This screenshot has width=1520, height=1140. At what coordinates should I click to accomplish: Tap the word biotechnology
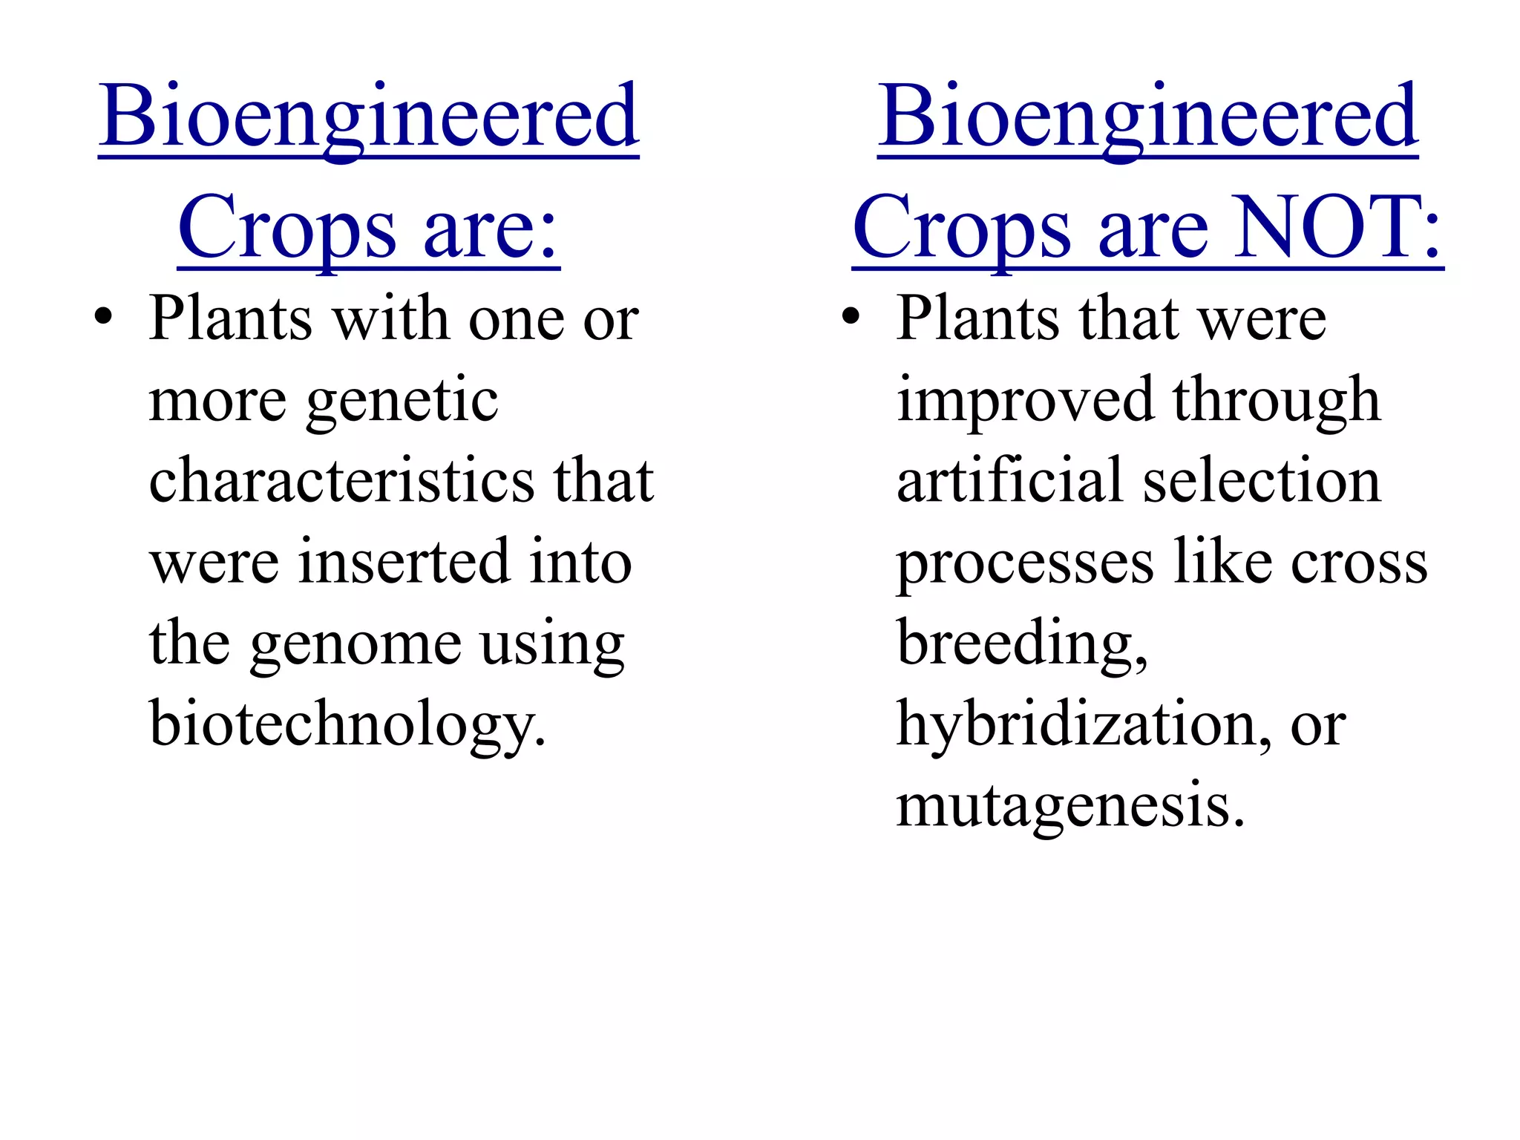pos(347,723)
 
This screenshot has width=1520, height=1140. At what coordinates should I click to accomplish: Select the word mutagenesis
pos(1069,805)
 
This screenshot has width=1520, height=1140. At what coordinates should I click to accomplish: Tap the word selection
pos(1262,480)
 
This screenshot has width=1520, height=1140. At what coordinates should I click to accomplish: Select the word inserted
pos(403,561)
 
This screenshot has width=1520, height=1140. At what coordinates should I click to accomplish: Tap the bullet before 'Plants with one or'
pos(104,318)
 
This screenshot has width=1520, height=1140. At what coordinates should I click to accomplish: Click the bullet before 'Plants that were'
pos(851,318)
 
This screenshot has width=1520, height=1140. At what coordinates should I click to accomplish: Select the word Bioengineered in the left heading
pos(369,117)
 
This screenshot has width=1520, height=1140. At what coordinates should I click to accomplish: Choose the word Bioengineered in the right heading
pos(1147,117)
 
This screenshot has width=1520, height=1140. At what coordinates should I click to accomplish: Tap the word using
pos(552,643)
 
